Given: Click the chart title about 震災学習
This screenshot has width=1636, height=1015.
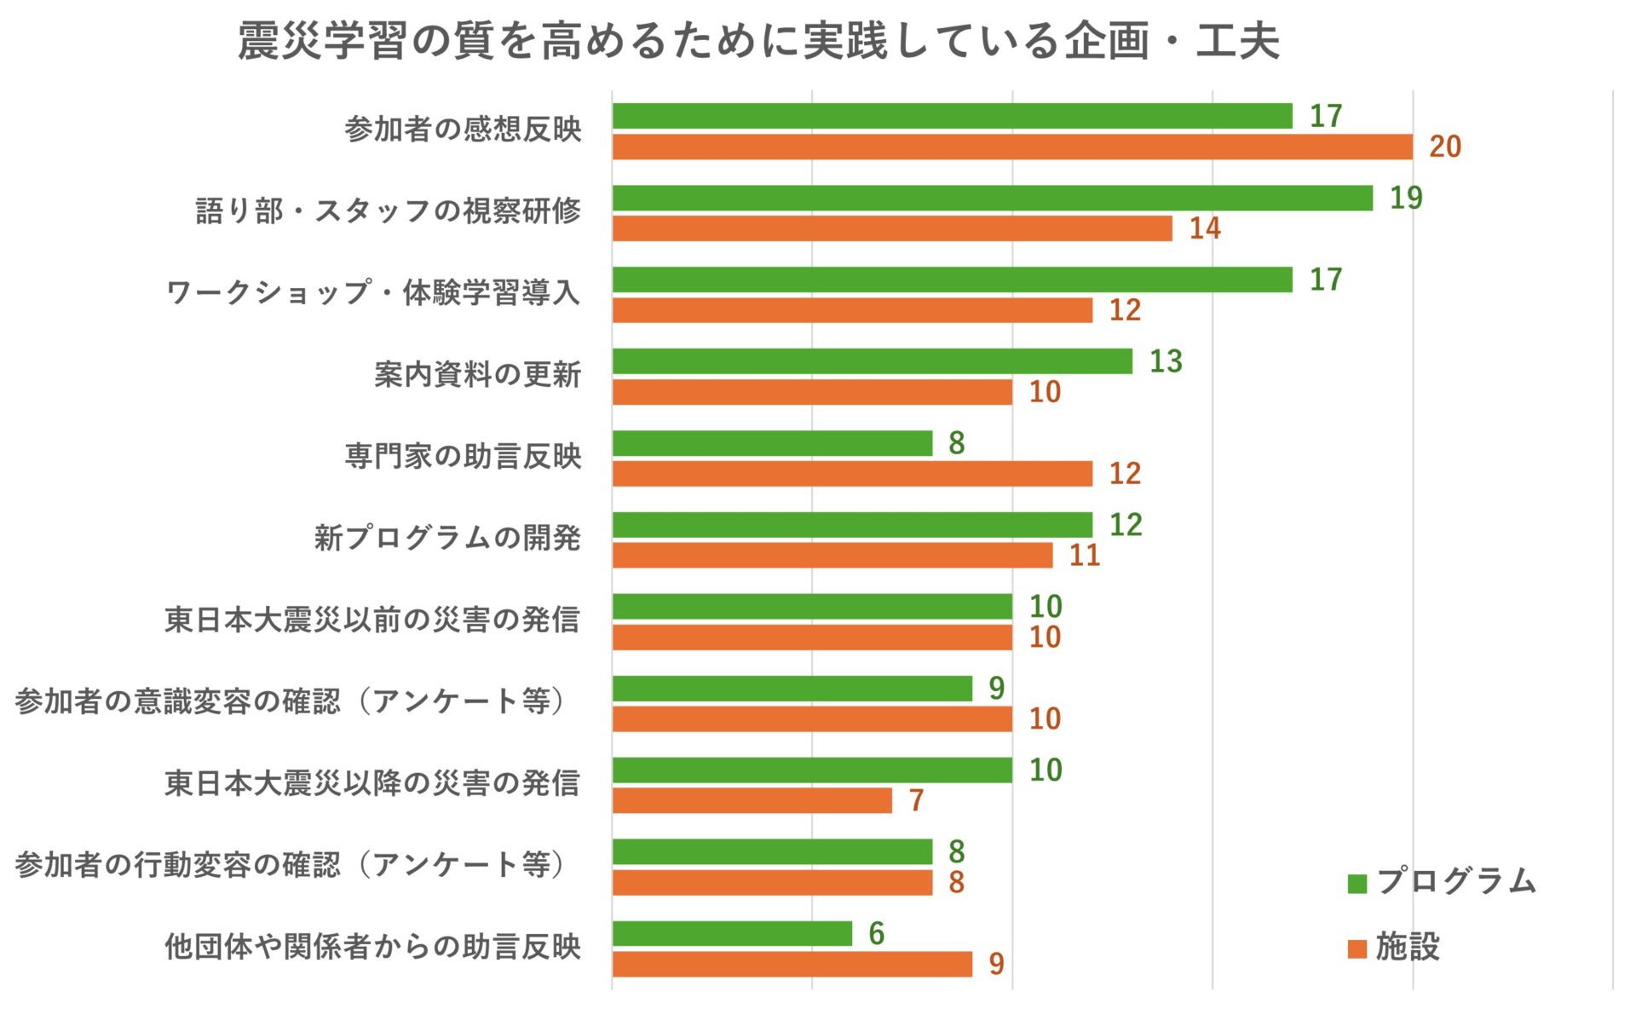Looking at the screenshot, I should (x=758, y=41).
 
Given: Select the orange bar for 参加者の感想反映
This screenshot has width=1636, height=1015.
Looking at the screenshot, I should (x=1012, y=147).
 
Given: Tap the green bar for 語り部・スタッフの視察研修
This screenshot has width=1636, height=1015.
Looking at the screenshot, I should (x=993, y=198).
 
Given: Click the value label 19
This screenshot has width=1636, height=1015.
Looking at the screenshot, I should (x=1406, y=198).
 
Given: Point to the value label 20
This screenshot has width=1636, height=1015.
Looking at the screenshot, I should (x=1445, y=147).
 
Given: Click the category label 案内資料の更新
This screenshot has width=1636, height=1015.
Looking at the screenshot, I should (x=477, y=374).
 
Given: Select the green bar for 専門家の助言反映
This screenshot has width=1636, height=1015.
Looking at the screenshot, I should (x=772, y=443).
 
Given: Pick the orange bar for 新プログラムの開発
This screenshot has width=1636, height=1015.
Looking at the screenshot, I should (x=832, y=556).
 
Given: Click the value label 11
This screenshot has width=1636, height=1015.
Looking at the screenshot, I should (x=1085, y=556).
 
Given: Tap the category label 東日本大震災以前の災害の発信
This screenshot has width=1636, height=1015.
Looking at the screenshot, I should (x=372, y=620).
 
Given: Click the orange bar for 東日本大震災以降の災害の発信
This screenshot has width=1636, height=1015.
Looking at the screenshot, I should (x=752, y=800).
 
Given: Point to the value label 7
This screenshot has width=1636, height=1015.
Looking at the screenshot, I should (x=916, y=800).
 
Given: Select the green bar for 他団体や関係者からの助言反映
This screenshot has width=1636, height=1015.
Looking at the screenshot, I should (x=732, y=933).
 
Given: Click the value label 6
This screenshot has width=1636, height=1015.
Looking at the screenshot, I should (x=876, y=933).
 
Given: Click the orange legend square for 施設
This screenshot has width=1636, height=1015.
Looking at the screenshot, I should (x=1357, y=948).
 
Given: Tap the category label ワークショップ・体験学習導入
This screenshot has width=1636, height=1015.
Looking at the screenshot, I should (x=373, y=292).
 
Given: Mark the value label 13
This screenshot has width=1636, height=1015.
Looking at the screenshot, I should (x=1166, y=361).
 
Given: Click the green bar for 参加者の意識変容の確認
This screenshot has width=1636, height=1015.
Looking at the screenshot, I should (x=792, y=689).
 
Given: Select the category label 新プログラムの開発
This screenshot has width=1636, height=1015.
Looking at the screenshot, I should (x=447, y=538).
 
